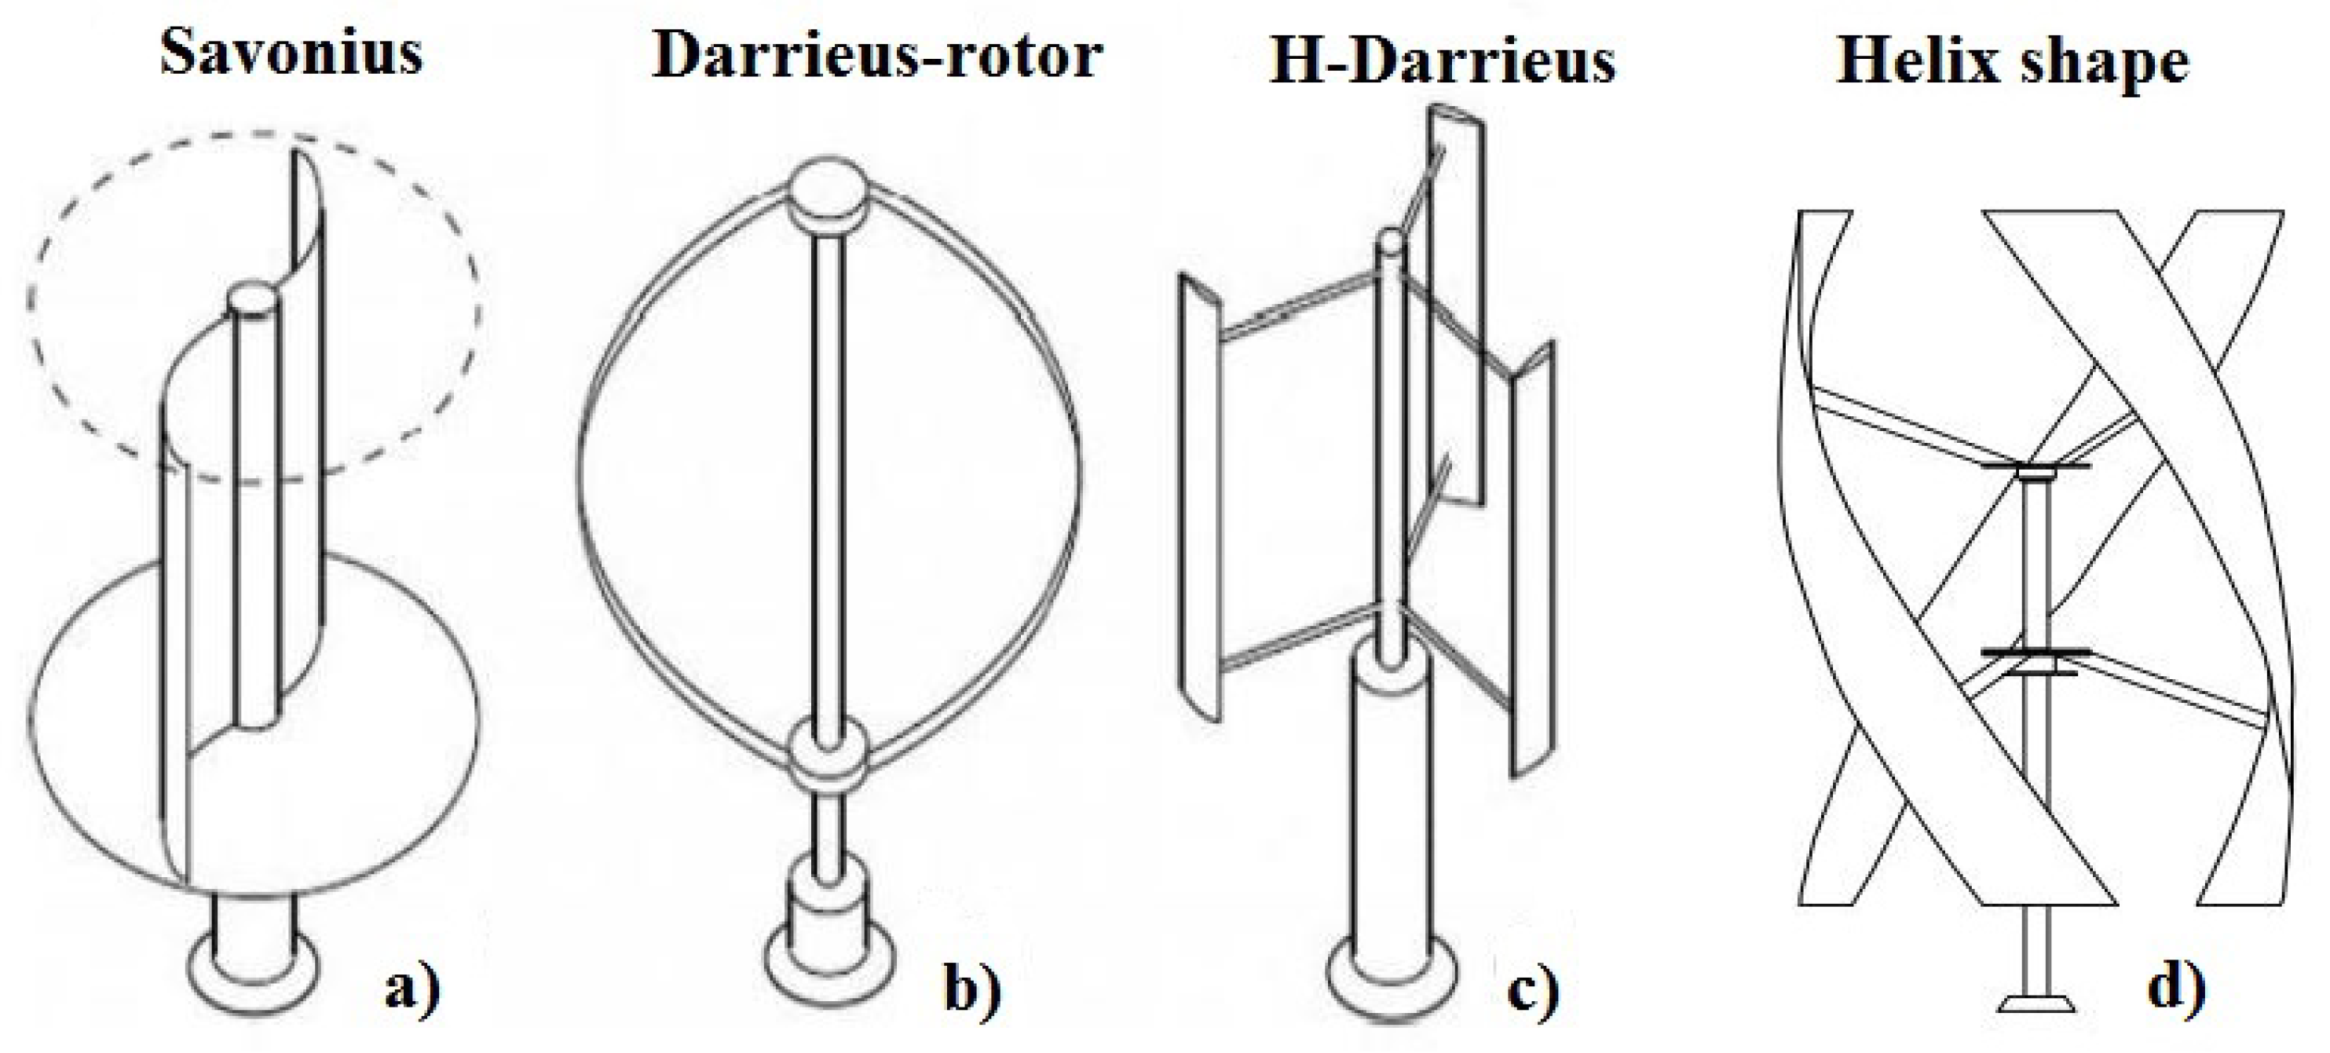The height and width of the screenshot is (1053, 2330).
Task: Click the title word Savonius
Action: pos(291,53)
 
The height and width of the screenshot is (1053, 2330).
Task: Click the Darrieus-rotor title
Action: pos(876,56)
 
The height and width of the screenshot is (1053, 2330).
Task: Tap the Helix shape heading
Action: pos(2013,61)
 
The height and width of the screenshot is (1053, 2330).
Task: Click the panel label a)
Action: pos(412,988)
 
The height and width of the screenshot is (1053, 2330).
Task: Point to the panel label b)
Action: pos(972,988)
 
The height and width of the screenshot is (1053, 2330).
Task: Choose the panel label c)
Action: pos(1534,988)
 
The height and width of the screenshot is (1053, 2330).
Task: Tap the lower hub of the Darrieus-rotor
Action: pos(826,755)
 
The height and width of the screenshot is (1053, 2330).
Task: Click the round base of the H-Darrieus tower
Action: pos(1391,975)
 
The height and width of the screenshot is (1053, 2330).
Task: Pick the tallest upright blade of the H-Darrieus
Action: pos(1456,298)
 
